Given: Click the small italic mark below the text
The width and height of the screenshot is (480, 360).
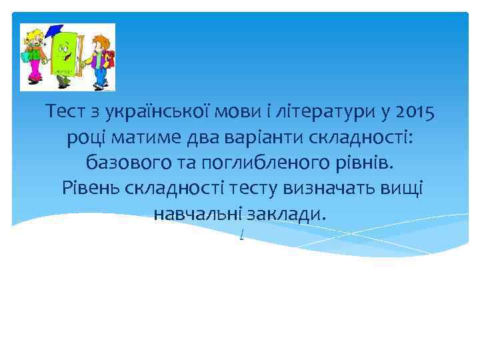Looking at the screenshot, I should (240, 235).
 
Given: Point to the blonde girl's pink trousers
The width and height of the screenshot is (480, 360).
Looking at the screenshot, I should (36, 71).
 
